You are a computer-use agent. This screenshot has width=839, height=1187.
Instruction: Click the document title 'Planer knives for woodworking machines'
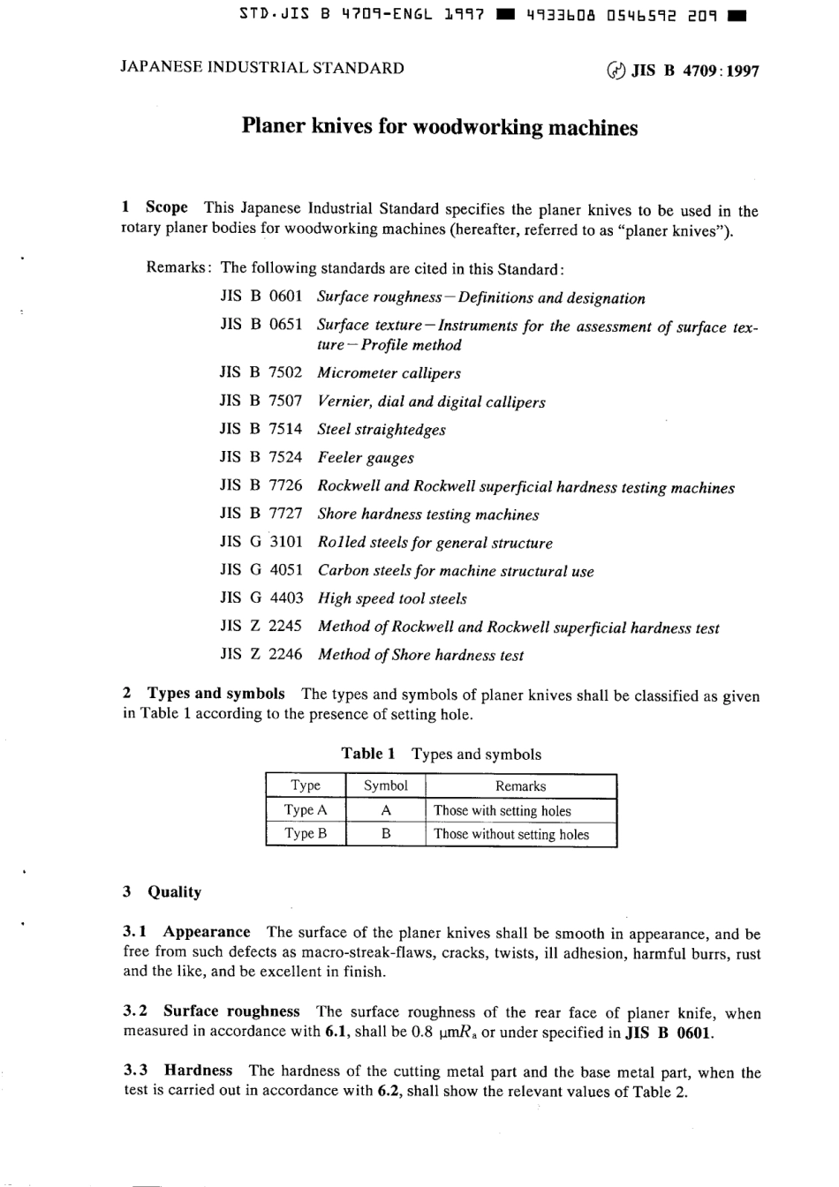tap(439, 128)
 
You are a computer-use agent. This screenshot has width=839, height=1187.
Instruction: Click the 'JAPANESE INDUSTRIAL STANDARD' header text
tap(262, 68)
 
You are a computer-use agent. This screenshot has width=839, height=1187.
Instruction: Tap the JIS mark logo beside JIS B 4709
tap(616, 71)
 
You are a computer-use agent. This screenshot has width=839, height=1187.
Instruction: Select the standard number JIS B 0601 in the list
tap(261, 297)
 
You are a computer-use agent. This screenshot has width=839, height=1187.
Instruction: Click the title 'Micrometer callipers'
tap(389, 373)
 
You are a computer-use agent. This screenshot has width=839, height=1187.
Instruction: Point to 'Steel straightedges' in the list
tap(382, 430)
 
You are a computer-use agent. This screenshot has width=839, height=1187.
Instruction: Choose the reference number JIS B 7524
tap(261, 457)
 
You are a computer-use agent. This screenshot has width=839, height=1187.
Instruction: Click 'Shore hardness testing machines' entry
tap(427, 515)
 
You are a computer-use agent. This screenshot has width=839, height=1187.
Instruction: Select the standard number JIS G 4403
tap(261, 597)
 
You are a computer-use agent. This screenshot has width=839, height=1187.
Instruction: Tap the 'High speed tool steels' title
tap(392, 598)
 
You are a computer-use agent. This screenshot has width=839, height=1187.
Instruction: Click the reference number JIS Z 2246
tap(261, 654)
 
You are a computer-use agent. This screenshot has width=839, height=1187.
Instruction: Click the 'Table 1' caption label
tap(368, 754)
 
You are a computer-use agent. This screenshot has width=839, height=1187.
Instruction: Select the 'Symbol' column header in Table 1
tap(385, 785)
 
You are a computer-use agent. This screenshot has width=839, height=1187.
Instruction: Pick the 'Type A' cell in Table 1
tap(305, 810)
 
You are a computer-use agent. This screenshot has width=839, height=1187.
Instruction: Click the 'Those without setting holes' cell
tap(511, 834)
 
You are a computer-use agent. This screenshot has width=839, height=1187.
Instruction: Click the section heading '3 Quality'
tap(163, 891)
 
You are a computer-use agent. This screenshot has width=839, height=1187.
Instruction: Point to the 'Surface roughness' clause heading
tap(231, 1011)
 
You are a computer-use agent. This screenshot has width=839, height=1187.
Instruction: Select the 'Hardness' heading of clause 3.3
tap(198, 1071)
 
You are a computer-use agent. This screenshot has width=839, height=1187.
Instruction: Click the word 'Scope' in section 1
tap(166, 207)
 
